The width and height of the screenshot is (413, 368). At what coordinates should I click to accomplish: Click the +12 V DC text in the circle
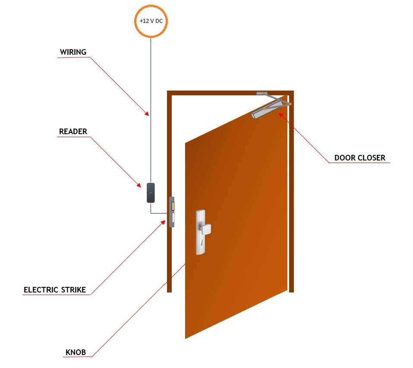(151, 21)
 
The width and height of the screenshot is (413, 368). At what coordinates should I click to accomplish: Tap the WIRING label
(73, 52)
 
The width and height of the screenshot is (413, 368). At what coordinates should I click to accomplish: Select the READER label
(73, 131)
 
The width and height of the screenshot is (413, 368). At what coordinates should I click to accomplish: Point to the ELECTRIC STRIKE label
(55, 290)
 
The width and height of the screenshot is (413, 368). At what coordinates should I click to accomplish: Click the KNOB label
(76, 352)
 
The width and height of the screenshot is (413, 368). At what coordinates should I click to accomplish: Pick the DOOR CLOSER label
(360, 157)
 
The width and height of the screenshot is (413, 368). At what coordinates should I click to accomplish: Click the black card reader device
(151, 193)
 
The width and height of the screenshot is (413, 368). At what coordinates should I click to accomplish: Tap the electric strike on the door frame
(171, 212)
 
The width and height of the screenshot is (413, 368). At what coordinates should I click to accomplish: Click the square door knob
(205, 229)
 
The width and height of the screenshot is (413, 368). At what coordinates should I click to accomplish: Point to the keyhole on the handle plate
(202, 242)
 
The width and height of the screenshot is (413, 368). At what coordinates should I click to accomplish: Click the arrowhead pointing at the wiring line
(147, 114)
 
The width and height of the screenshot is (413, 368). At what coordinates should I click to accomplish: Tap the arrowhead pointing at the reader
(139, 185)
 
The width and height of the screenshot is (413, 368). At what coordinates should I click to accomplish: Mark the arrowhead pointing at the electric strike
(163, 223)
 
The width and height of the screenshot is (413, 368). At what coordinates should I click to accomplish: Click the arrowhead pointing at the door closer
(281, 114)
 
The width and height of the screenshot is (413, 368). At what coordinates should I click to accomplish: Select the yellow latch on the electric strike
(173, 206)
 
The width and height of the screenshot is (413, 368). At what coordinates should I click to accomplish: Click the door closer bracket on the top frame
(262, 93)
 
